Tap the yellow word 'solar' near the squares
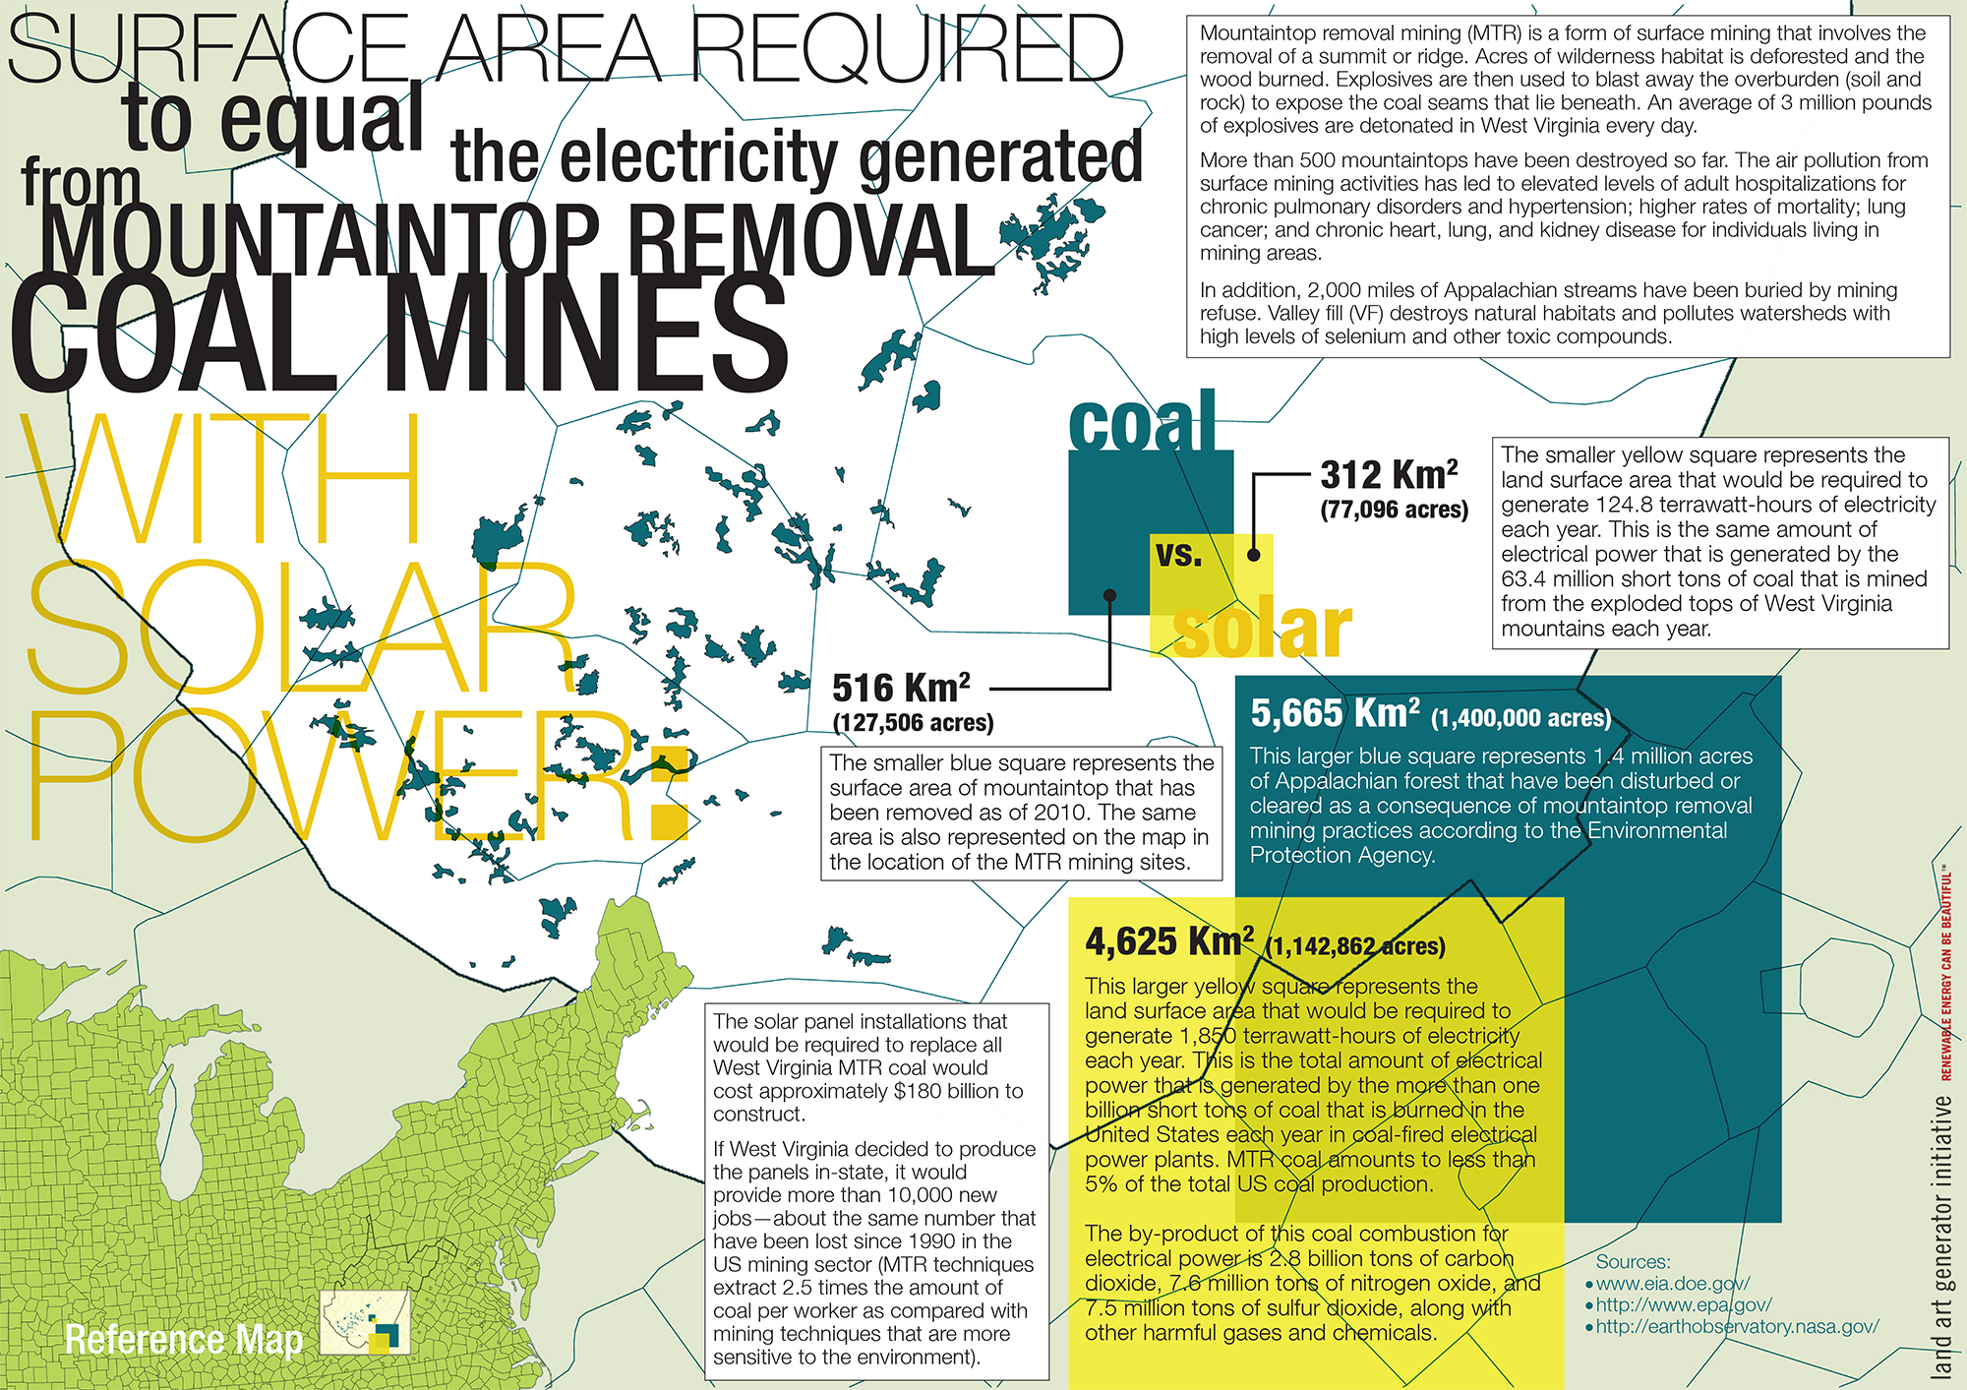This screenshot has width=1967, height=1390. pos(1263,630)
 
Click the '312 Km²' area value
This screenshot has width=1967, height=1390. pos(1389,475)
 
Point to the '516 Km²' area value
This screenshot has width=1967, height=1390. pos(901,688)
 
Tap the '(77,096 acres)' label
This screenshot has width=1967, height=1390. pos(1395,510)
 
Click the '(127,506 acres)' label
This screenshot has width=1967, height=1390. pos(913,723)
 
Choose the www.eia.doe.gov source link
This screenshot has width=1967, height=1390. pos(1672,1284)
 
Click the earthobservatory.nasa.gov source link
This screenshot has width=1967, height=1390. pos(1736,1327)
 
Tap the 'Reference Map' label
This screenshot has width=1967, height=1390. pos(184,1340)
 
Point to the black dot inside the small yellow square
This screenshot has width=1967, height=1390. pos(1254,555)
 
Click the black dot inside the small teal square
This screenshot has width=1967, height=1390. pos(1109,594)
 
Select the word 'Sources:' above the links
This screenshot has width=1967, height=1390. pos(1633,1261)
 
